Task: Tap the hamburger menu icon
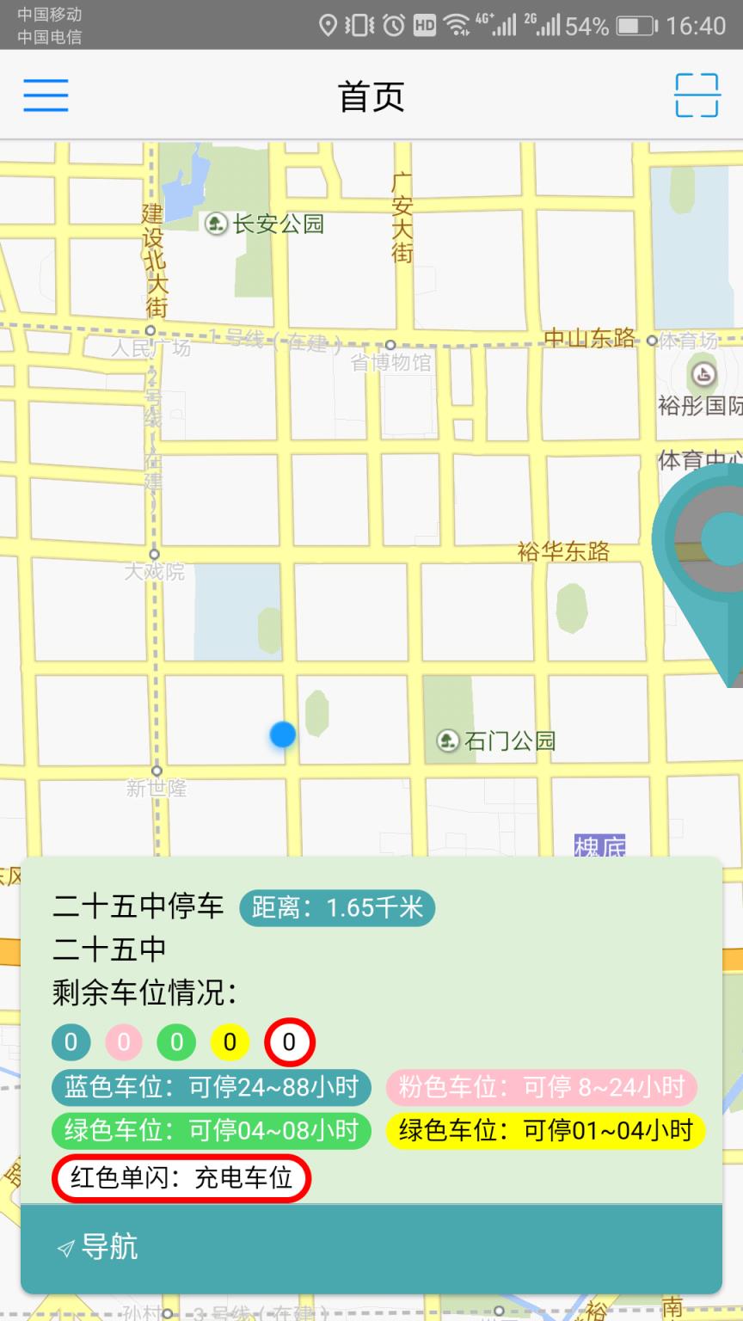pyautogui.click(x=46, y=95)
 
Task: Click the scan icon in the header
pyautogui.click(x=697, y=95)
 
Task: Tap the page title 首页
pyautogui.click(x=371, y=96)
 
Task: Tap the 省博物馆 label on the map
pyautogui.click(x=390, y=362)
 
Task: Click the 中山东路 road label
pyautogui.click(x=590, y=338)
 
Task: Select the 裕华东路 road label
pyautogui.click(x=563, y=551)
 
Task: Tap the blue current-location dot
pyautogui.click(x=282, y=734)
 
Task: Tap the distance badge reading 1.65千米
pyautogui.click(x=337, y=907)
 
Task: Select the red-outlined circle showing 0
pyautogui.click(x=289, y=1042)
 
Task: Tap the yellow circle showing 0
pyautogui.click(x=230, y=1042)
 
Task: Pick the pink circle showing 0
pyautogui.click(x=124, y=1042)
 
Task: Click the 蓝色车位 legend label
pyautogui.click(x=211, y=1087)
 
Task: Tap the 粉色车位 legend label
pyautogui.click(x=541, y=1087)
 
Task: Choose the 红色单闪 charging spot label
pyautogui.click(x=181, y=1177)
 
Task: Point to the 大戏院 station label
pyautogui.click(x=155, y=571)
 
